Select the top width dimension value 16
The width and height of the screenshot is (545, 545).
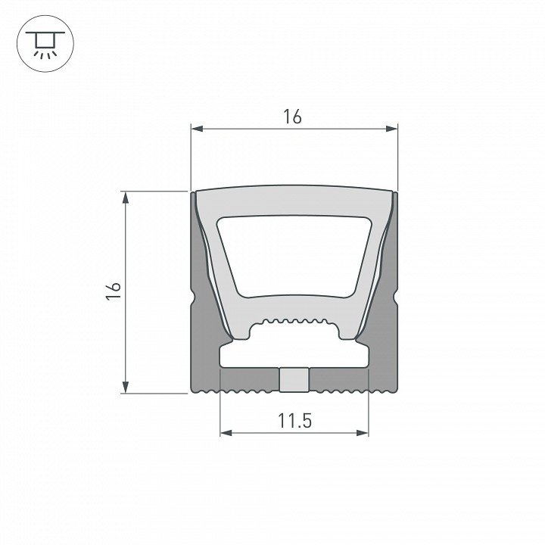(x=293, y=117)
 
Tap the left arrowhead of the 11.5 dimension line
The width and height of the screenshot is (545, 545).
(x=226, y=433)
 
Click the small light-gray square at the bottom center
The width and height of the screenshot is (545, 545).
(x=294, y=380)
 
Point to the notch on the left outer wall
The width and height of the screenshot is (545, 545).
(x=192, y=300)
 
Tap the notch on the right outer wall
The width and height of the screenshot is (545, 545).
(x=395, y=300)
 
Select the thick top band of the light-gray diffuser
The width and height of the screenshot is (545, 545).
(x=294, y=201)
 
